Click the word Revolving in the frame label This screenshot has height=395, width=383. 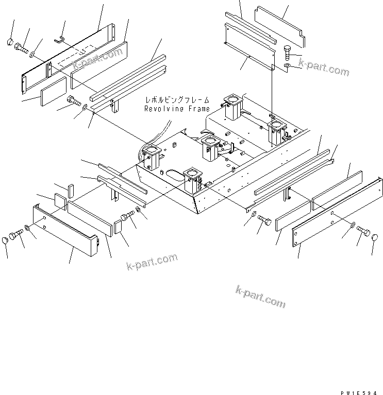[x=161, y=109]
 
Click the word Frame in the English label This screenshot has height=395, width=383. [x=198, y=109]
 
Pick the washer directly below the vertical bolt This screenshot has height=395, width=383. [x=287, y=67]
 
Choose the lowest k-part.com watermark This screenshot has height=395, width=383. [x=261, y=297]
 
